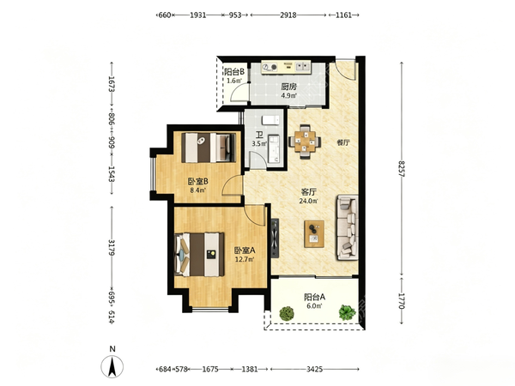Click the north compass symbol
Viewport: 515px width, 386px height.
(112, 363)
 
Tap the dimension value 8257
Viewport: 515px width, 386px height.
(402, 169)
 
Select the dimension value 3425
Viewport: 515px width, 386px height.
(314, 369)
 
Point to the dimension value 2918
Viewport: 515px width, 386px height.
(288, 15)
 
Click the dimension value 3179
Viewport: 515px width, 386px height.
(112, 248)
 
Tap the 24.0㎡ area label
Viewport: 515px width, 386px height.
(308, 202)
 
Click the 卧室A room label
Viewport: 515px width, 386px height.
(245, 250)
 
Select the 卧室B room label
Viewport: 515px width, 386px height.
(197, 181)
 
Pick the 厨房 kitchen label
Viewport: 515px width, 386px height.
(288, 87)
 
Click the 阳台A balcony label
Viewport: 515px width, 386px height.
(314, 298)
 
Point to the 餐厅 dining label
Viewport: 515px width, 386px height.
(342, 142)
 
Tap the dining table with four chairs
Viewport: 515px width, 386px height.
(305, 142)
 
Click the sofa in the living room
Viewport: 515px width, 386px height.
(347, 227)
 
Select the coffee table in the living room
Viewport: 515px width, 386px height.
(314, 233)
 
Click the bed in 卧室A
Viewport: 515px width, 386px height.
(200, 255)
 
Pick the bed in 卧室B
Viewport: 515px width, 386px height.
(209, 148)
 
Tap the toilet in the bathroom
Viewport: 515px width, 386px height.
(270, 120)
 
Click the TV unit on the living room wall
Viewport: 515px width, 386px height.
(275, 238)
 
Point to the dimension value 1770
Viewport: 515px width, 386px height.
(402, 301)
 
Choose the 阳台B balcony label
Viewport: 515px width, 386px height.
(234, 72)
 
